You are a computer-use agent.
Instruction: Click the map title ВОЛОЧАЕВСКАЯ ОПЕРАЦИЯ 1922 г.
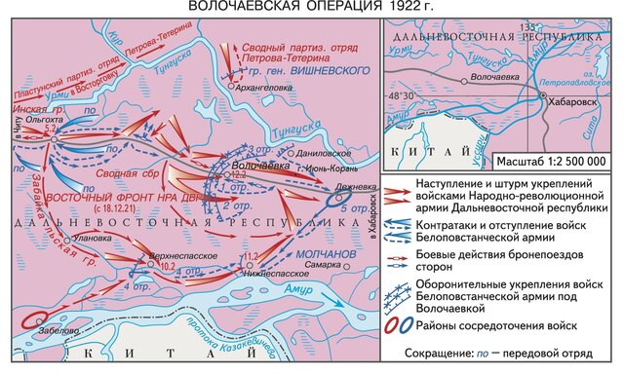coord(311,7)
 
